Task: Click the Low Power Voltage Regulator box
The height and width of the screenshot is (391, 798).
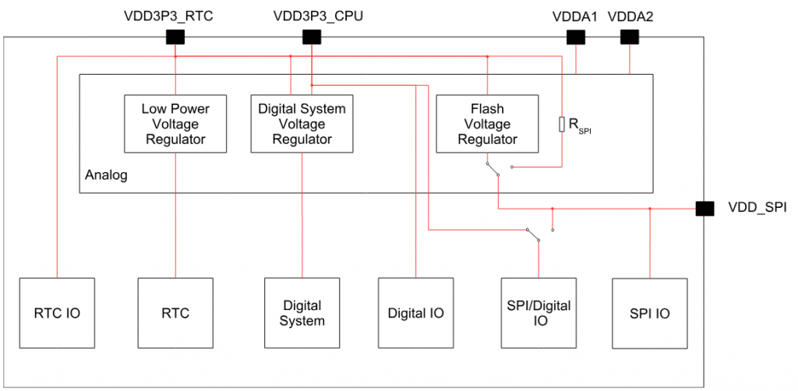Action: [175, 124]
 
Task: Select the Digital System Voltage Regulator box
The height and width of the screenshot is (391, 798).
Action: [302, 124]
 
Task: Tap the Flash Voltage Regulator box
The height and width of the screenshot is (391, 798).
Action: [487, 124]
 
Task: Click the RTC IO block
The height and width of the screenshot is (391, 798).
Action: [57, 312]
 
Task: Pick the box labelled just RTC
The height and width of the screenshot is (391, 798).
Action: [175, 312]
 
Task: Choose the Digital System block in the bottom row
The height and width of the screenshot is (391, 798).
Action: [302, 312]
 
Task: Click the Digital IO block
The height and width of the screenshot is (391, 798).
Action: [415, 312]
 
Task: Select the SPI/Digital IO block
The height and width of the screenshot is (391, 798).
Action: [538, 312]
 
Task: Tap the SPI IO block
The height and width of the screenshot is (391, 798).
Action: [649, 312]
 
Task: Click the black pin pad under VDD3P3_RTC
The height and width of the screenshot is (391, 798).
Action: [175, 37]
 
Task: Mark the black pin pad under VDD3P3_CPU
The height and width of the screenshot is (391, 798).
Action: [312, 37]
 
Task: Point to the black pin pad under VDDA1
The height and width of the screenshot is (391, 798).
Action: [575, 37]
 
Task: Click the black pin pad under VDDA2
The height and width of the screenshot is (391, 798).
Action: [629, 37]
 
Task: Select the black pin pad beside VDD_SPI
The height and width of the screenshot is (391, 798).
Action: [704, 208]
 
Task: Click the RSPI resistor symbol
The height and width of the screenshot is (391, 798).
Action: [562, 124]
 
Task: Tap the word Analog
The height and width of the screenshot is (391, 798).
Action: [106, 176]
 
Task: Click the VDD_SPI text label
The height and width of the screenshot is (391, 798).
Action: [756, 208]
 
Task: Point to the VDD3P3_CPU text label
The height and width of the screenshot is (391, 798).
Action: [311, 16]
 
